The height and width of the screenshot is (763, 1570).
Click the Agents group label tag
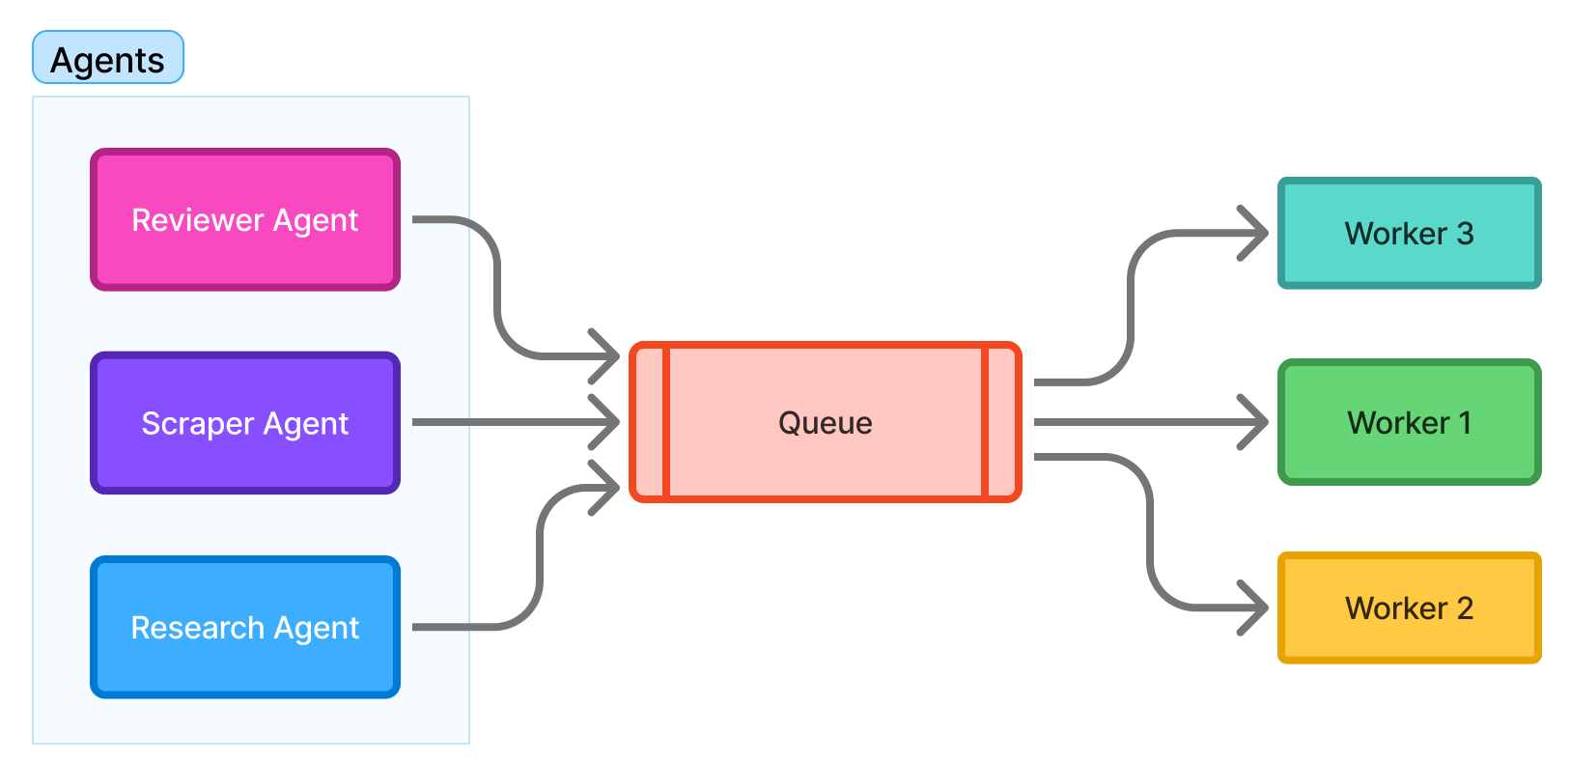point(108,59)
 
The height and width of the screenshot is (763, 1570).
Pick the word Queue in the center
point(825,423)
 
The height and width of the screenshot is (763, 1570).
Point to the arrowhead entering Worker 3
point(1257,233)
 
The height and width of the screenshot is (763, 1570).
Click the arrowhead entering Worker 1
point(1257,422)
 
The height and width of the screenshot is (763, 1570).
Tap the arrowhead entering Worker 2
point(1257,608)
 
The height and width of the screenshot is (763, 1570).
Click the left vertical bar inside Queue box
point(666,422)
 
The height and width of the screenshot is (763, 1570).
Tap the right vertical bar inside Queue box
point(985,422)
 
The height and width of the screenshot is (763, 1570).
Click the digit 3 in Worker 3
point(1465,234)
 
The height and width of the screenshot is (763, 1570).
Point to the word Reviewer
point(197,220)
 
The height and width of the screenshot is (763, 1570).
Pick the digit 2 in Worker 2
point(1465,608)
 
